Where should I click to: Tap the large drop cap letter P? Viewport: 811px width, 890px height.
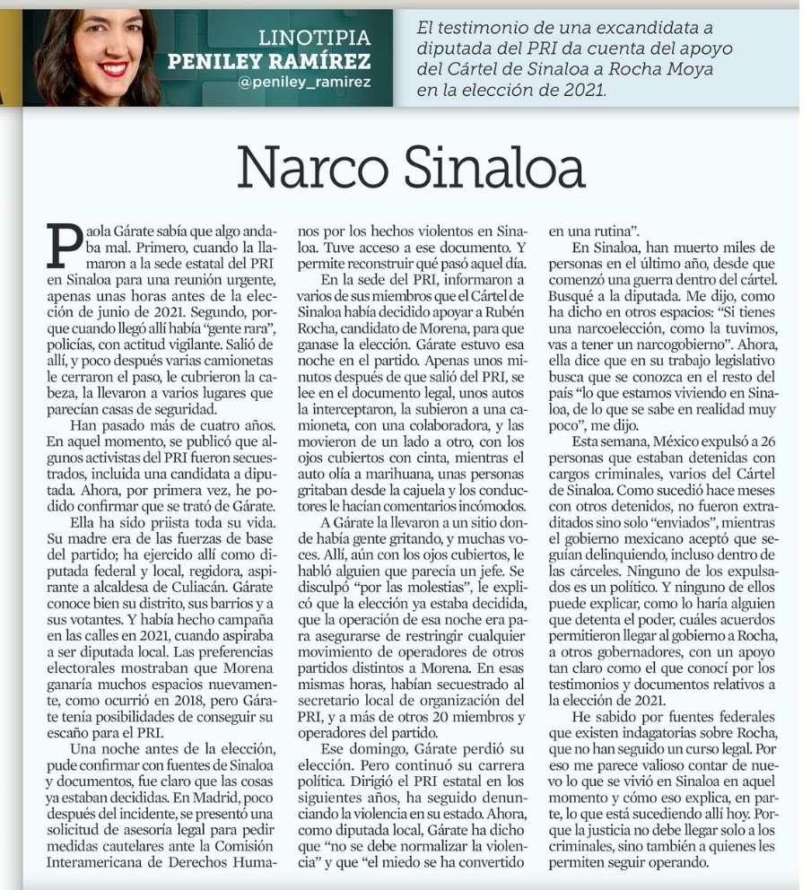67,245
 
